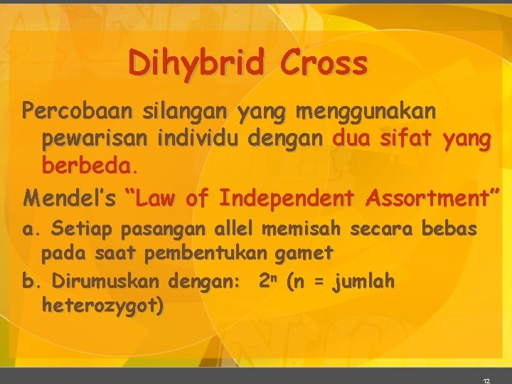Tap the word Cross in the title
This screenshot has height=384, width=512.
(324, 63)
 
